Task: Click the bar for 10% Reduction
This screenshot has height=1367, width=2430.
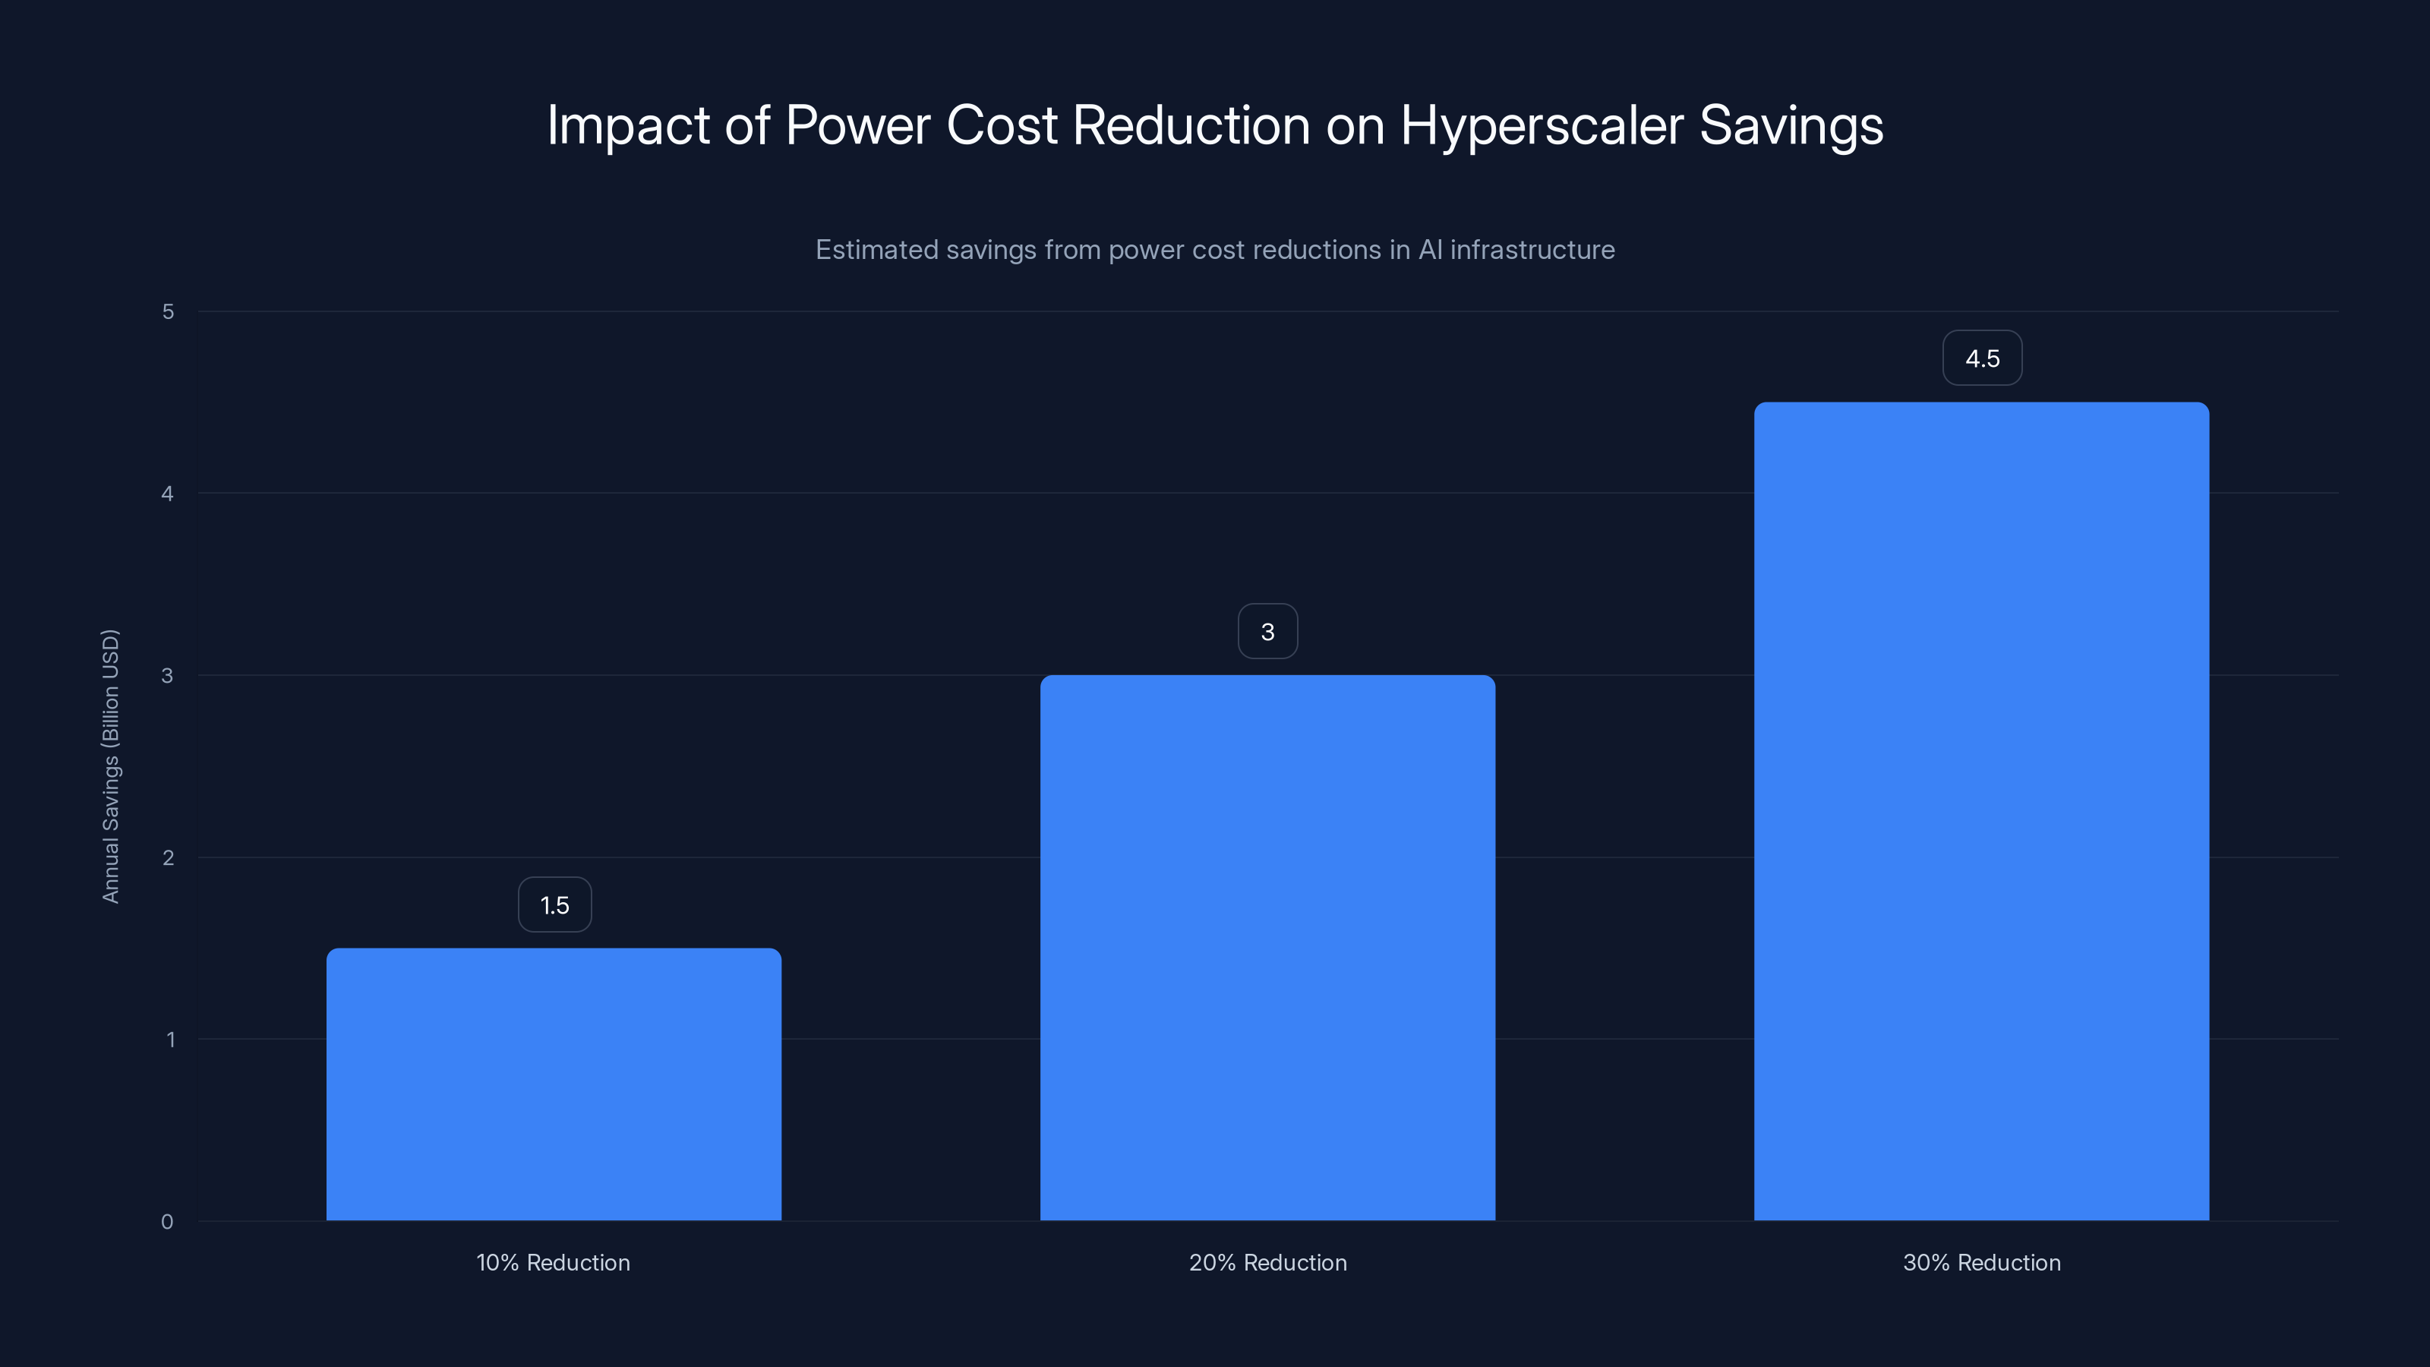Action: point(554,1085)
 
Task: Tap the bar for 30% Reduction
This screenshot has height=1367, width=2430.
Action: point(1981,811)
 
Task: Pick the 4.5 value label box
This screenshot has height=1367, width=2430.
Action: point(1982,358)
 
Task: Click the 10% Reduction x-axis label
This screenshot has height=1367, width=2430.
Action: point(553,1263)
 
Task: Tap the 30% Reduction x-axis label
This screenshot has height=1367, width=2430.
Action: point(1981,1263)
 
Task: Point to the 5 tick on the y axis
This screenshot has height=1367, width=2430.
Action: point(168,312)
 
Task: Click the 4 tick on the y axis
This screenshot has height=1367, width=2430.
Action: point(168,494)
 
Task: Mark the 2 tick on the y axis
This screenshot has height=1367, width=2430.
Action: point(168,858)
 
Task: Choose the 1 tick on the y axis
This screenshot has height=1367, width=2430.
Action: point(170,1040)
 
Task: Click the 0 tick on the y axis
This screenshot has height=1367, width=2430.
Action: point(167,1223)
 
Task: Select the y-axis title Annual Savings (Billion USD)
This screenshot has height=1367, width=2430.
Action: point(110,766)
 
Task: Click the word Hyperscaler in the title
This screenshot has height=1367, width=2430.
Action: point(1542,126)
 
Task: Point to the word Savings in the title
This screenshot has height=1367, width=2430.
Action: point(1791,126)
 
